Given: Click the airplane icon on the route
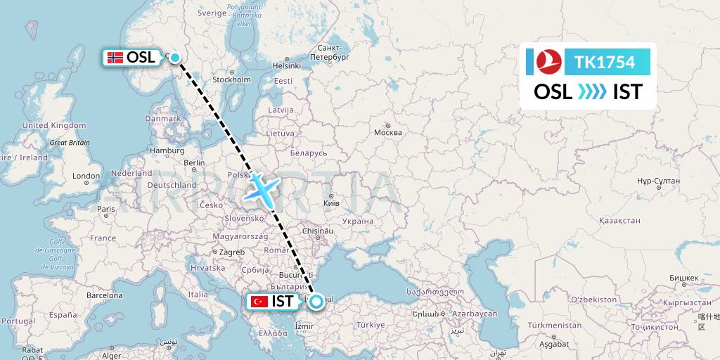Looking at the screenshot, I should (x=262, y=188).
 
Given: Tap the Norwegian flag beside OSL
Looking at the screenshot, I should (x=115, y=58).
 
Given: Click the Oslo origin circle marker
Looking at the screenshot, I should (x=174, y=58).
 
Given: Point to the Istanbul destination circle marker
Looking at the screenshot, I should (x=316, y=302).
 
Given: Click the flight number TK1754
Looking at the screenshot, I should (x=604, y=63).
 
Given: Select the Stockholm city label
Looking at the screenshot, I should (x=231, y=79).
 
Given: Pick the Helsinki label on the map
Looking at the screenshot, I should (x=286, y=65).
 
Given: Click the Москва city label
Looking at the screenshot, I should (x=388, y=132).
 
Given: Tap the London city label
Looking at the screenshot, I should (x=86, y=176).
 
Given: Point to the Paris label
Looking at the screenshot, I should (x=106, y=209).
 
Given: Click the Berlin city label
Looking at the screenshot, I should (x=194, y=162).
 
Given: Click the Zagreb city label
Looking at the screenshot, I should (x=232, y=252).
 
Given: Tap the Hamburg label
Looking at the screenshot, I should (x=167, y=150).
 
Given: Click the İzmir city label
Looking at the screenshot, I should (x=304, y=326).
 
